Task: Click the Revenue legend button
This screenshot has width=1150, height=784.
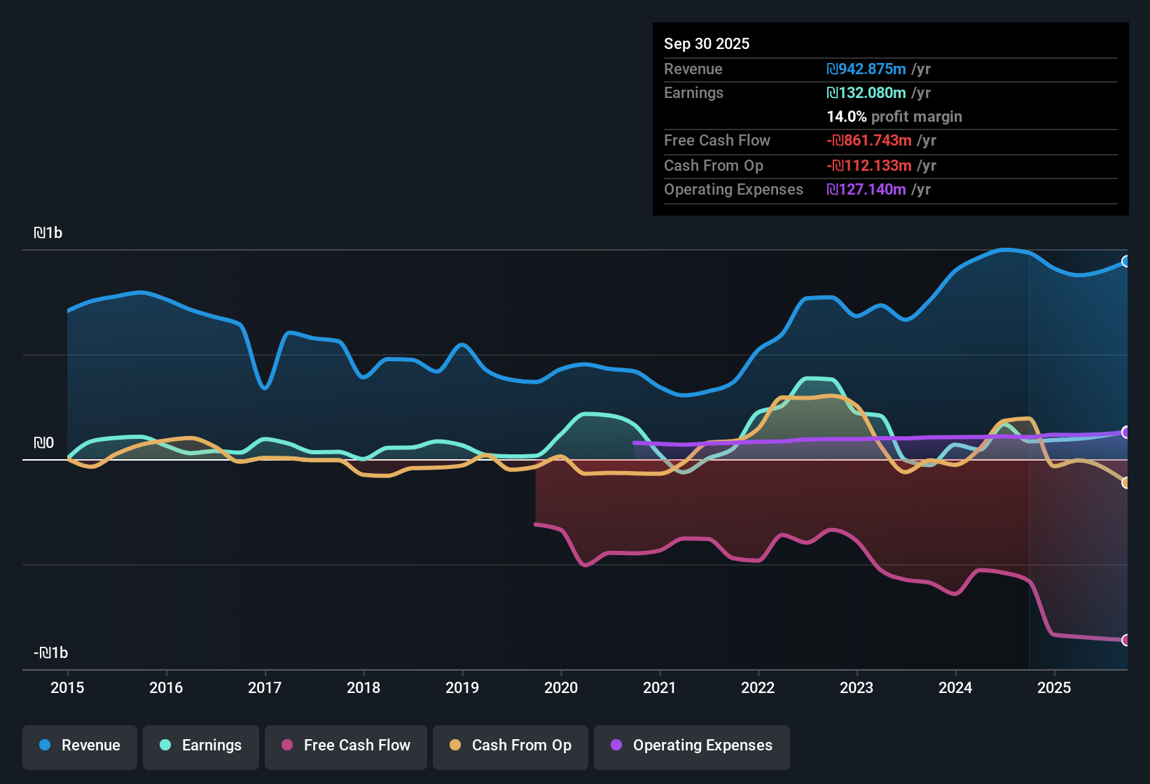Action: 80,745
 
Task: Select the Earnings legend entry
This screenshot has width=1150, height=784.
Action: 201,745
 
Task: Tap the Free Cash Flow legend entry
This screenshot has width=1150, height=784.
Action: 346,745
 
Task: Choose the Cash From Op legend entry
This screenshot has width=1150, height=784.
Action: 511,745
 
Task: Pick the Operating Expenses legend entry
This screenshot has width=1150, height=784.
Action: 692,745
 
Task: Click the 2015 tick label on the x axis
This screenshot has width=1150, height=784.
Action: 67,687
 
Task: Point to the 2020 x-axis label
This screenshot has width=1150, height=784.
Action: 561,687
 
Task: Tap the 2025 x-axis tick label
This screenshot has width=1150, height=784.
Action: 1054,687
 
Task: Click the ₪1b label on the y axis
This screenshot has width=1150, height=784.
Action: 48,233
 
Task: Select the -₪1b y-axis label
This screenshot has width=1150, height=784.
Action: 50,653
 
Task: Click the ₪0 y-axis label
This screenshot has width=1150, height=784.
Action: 43,443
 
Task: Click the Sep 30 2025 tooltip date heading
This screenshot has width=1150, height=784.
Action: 706,43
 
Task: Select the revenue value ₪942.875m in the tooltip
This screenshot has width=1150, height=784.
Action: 866,69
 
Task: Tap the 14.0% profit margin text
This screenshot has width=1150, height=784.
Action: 894,117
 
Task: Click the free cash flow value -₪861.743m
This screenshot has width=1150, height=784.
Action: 869,141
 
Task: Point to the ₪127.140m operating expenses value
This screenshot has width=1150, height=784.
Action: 866,190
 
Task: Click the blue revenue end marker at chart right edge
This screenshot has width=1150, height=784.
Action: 1125,262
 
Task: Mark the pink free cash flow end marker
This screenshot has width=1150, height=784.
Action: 1125,640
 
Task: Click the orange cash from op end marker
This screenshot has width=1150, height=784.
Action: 1125,483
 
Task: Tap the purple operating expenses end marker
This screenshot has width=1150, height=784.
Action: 1125,433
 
